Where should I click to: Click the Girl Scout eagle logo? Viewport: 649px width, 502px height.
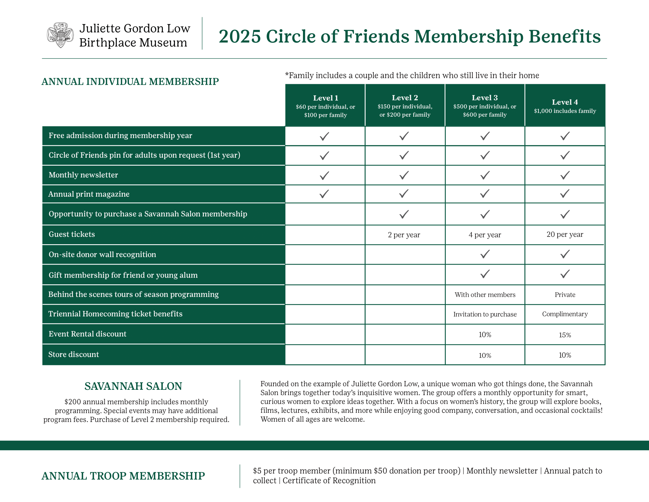(x=60, y=35)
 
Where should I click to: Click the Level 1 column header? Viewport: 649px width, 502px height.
(x=325, y=106)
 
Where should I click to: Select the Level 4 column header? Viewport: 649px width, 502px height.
(x=565, y=106)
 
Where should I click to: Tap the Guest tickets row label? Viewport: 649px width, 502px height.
(x=72, y=234)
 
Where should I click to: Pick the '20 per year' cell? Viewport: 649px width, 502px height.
(x=565, y=234)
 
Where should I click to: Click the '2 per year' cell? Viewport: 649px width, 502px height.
(x=404, y=235)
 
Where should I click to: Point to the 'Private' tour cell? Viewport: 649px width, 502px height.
(x=565, y=295)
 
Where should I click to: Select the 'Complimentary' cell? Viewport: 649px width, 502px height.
(x=565, y=314)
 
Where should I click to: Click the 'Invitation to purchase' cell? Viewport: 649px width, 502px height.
(x=485, y=314)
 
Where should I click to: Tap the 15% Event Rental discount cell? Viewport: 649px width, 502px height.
(x=565, y=335)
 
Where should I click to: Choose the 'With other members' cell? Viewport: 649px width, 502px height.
(x=485, y=295)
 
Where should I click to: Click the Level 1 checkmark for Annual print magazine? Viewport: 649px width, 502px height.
(x=324, y=194)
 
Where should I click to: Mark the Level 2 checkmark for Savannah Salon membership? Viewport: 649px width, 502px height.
(x=404, y=214)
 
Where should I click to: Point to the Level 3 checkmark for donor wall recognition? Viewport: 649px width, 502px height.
(x=485, y=254)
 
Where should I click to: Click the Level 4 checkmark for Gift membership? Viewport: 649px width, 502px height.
(x=565, y=274)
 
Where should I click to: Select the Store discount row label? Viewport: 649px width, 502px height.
(x=73, y=354)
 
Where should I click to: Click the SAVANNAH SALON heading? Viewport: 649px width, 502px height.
(x=133, y=386)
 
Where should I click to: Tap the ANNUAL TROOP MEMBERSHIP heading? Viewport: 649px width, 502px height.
(x=123, y=476)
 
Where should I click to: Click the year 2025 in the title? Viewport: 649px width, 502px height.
(x=240, y=36)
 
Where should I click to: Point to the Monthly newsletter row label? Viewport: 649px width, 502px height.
(x=83, y=175)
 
